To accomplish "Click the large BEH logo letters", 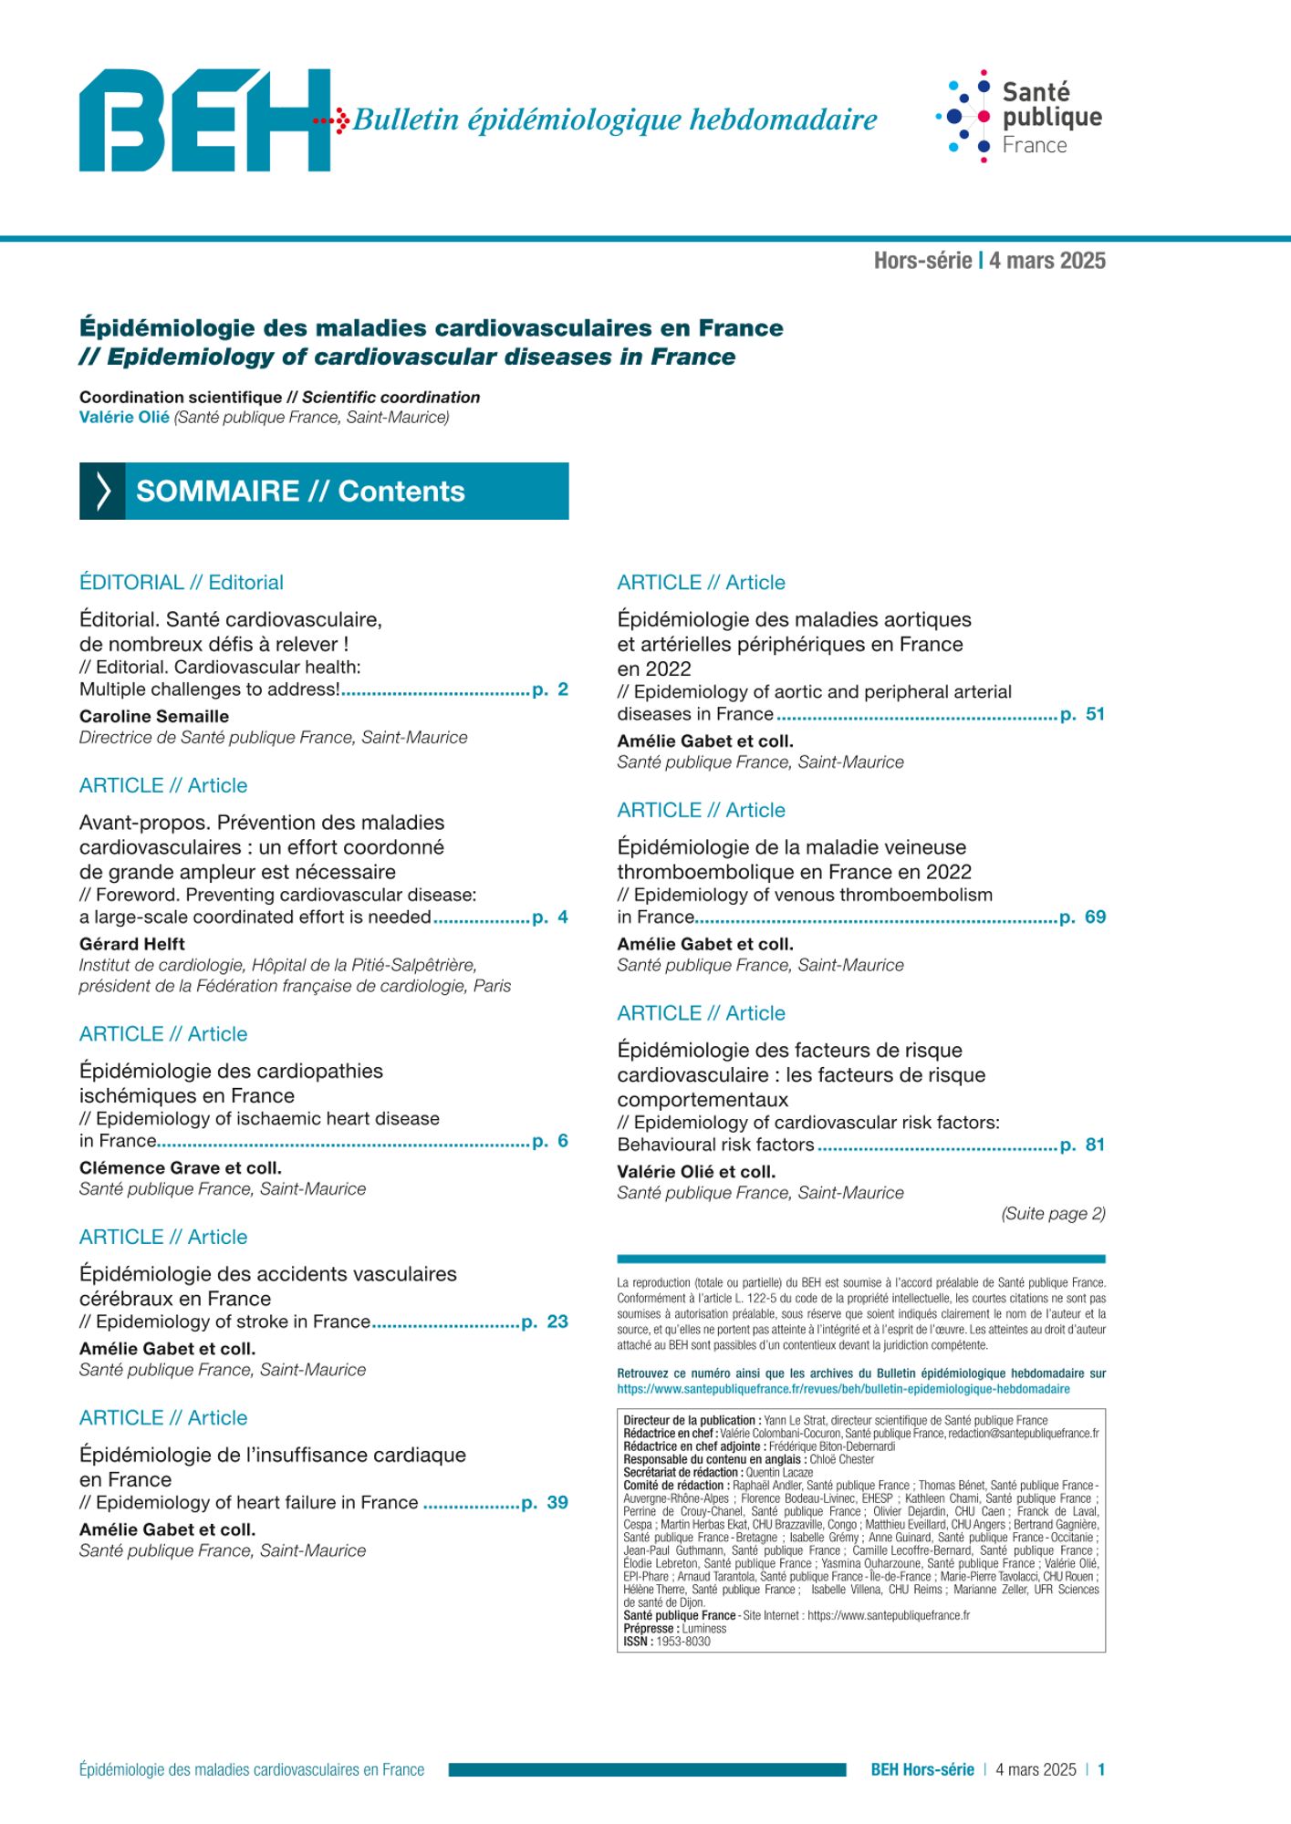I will tap(204, 119).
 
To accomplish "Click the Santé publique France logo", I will tap(1018, 117).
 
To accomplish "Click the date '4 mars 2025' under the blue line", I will tap(1046, 261).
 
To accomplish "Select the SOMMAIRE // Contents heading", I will tap(300, 492).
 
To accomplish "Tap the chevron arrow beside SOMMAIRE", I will tap(102, 492).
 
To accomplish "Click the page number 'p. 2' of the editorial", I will tap(550, 689).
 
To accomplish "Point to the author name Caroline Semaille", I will tap(153, 716).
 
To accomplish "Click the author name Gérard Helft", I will tap(131, 944).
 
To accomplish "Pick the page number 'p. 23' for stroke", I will tap(545, 1321).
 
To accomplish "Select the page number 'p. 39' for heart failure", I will tap(545, 1502).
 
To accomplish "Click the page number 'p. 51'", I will tap(1083, 714).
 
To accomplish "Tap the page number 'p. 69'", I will tap(1083, 917).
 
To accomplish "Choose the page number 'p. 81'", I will tap(1083, 1145).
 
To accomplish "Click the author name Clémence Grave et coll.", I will tap(180, 1167).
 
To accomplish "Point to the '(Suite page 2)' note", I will tap(1053, 1214).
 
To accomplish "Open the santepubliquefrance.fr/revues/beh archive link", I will tap(843, 1389).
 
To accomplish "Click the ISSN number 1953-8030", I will tap(683, 1641).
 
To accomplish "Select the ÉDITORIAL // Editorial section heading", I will tap(181, 583).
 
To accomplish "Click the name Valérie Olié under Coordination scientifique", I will tap(124, 417).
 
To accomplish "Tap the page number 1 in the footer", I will tap(1101, 1769).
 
